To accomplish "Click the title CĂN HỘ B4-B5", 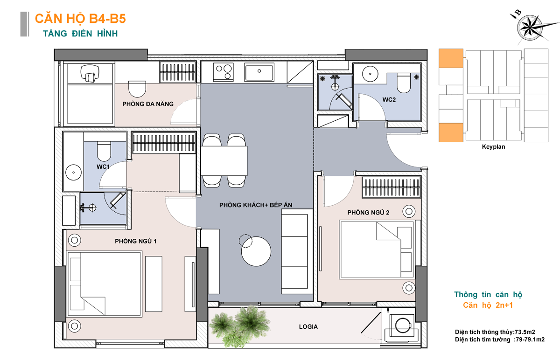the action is click(80, 19).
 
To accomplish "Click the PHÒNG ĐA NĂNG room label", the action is click(148, 104).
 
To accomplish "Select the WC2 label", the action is click(389, 100).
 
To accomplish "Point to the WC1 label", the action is click(103, 166).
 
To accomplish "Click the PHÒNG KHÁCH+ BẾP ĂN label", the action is click(256, 205).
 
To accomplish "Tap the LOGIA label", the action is click(308, 326).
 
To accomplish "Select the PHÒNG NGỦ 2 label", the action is click(368, 213).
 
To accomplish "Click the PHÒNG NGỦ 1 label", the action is click(135, 241).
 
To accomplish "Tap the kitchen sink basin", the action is click(259, 72).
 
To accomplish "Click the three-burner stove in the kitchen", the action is click(223, 72).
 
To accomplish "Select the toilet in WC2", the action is click(404, 83).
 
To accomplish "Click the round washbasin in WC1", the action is click(74, 173).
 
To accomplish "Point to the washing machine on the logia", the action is click(402, 325).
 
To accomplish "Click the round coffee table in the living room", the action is click(256, 251).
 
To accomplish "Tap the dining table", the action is click(224, 161).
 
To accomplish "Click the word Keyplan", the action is click(493, 147).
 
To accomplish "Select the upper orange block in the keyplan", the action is click(451, 58).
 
